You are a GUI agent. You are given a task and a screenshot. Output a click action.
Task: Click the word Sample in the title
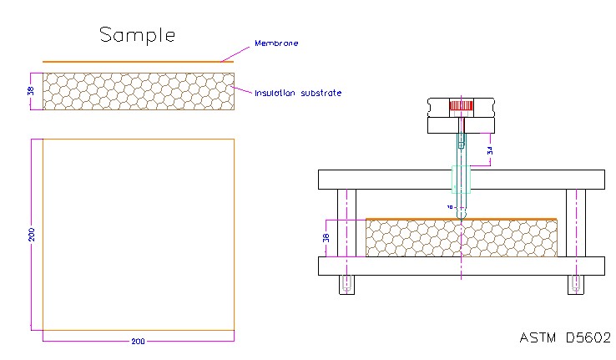click(138, 35)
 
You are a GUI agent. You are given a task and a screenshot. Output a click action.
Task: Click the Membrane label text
click(277, 43)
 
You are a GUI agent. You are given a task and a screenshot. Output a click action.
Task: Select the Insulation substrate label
click(298, 92)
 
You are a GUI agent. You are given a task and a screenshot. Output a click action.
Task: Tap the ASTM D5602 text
click(565, 337)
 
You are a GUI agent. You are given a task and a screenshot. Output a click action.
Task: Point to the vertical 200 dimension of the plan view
click(32, 236)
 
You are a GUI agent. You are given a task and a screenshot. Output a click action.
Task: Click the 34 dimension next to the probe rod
click(490, 151)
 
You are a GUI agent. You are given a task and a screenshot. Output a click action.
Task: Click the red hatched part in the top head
click(461, 107)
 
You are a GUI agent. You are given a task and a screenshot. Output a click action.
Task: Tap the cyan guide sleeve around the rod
click(461, 179)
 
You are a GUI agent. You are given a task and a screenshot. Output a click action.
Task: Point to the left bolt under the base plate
click(346, 284)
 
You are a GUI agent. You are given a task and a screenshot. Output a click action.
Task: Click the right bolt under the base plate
click(575, 284)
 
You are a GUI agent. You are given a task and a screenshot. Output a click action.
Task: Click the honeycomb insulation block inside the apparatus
click(417, 238)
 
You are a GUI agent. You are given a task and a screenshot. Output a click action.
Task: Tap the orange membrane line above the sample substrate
click(138, 62)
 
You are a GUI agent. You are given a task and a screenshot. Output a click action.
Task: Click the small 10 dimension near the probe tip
click(449, 205)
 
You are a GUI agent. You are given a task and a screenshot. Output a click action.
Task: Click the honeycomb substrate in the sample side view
click(138, 91)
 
